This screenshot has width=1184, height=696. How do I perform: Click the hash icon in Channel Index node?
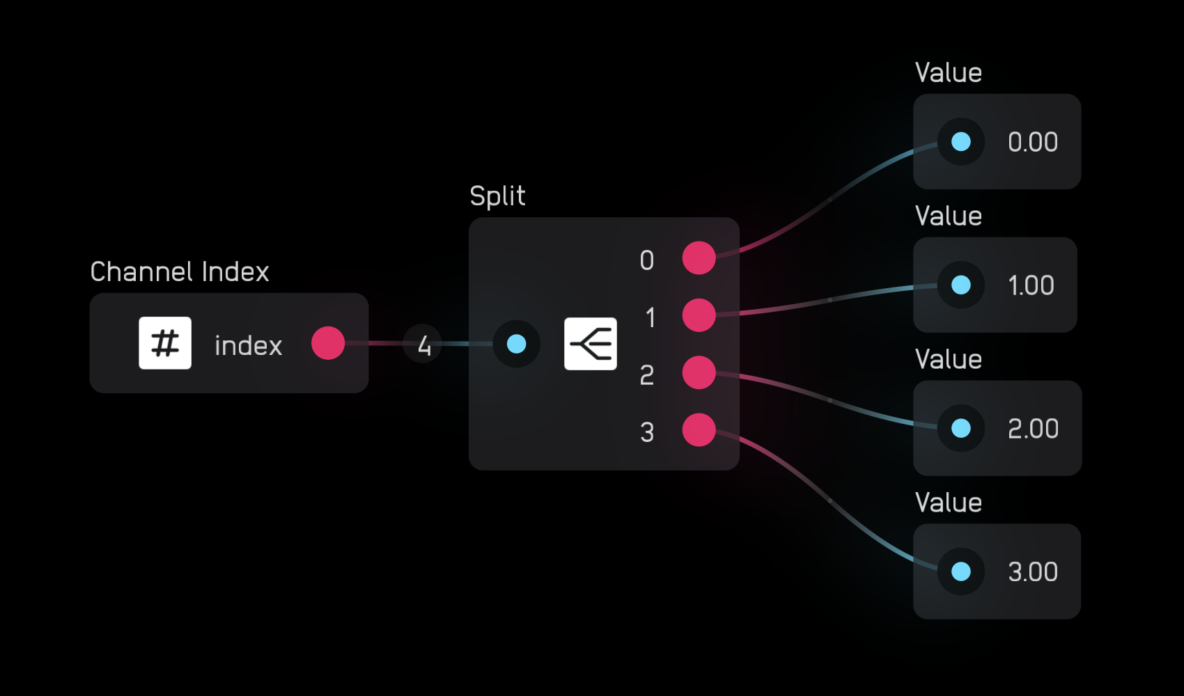click(165, 343)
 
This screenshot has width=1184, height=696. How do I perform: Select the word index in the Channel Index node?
click(248, 346)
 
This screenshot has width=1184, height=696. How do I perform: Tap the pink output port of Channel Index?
click(328, 343)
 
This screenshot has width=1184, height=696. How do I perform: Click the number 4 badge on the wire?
click(423, 345)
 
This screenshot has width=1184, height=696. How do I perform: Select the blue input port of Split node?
click(516, 344)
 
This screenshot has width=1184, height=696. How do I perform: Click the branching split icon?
click(590, 344)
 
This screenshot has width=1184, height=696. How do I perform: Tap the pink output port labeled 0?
click(699, 258)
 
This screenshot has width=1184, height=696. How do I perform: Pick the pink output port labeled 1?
click(699, 315)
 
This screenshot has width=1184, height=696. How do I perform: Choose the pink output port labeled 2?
click(699, 373)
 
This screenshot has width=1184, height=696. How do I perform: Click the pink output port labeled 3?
click(699, 430)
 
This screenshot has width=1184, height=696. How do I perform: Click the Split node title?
click(497, 196)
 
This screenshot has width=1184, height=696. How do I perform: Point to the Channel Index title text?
click(180, 271)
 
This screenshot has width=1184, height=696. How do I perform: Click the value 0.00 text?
click(1032, 142)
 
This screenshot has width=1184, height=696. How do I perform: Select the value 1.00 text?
click(1031, 285)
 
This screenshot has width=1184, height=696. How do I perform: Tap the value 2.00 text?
click(1032, 429)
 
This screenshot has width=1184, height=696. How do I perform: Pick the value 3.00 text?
click(1032, 572)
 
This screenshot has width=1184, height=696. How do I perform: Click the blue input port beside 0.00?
click(961, 142)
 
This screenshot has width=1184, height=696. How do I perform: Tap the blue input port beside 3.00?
click(961, 571)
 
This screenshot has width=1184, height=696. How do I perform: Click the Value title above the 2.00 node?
click(948, 360)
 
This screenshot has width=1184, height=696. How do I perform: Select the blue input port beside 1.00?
click(961, 285)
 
